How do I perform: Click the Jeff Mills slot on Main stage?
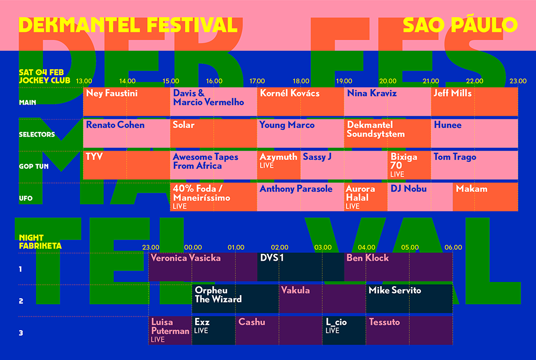click(474, 102)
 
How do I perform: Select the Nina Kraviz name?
click(372, 93)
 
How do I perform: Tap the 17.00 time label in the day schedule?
click(257, 81)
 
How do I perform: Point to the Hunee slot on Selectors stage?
click(474, 133)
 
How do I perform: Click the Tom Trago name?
click(455, 157)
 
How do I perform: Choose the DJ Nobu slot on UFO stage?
click(420, 197)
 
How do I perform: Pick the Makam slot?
click(485, 197)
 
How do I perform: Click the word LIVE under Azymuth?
click(266, 166)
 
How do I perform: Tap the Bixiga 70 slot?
click(409, 165)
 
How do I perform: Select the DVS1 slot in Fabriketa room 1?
click(301, 267)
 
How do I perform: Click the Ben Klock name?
click(367, 258)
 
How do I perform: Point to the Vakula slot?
click(322, 299)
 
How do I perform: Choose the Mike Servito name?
click(395, 290)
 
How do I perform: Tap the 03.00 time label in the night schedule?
click(322, 248)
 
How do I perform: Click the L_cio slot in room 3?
click(344, 331)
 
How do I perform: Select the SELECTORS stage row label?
click(37, 134)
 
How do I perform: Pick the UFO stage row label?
click(26, 198)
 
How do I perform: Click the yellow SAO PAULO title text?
click(460, 25)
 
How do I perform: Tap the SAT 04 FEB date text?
click(41, 72)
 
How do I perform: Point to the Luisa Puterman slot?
click(170, 331)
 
